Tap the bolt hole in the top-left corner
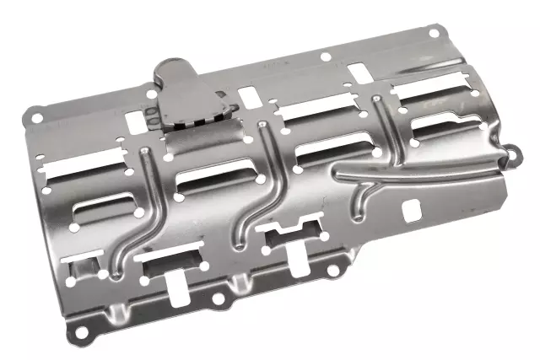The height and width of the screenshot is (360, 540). click(x=35, y=110)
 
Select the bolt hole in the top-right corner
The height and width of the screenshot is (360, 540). click(x=433, y=33)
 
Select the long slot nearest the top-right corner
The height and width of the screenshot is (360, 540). click(x=429, y=87)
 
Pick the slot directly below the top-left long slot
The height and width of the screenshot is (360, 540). click(x=103, y=206)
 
